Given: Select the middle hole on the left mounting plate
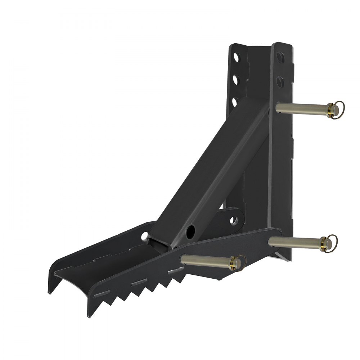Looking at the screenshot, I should point(235,78).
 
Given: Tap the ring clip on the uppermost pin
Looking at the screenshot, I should point(338,107).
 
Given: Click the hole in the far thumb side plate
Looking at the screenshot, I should point(144,236).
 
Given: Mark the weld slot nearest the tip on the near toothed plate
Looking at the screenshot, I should point(99,294).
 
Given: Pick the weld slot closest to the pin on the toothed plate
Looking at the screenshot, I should point(175,270).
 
